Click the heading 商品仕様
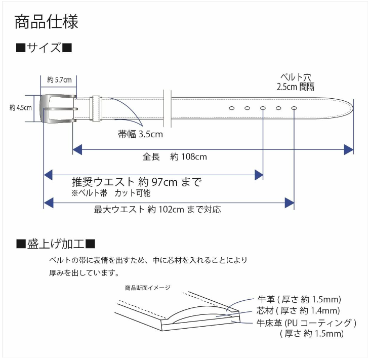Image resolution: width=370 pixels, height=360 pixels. click(46, 22)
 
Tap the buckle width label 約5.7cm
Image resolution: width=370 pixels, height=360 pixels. click(59, 80)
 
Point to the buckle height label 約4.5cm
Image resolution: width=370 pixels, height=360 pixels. click(21, 108)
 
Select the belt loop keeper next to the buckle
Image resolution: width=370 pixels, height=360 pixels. click(96, 108)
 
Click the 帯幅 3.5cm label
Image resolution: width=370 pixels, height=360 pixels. click(140, 134)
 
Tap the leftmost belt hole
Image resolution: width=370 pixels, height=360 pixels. click(232, 108)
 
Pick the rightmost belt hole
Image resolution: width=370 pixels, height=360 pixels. click(294, 108)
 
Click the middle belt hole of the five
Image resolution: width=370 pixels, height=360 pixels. click(263, 108)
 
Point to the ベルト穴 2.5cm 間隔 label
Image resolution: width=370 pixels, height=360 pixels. click(296, 82)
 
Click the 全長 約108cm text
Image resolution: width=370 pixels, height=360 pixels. click(175, 156)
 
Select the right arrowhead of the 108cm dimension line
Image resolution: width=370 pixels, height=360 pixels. click(349, 150)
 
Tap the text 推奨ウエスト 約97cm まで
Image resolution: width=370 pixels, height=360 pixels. click(137, 182)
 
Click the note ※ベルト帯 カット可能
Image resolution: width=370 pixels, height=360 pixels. click(111, 193)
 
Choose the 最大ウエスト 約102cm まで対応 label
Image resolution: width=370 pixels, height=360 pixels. click(157, 210)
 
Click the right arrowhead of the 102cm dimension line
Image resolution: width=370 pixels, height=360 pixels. click(290, 203)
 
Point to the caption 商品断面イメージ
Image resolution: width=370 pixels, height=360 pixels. click(148, 288)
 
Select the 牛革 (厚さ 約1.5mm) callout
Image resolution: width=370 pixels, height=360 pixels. click(299, 299)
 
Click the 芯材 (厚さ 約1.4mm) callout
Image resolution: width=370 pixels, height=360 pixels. click(298, 310)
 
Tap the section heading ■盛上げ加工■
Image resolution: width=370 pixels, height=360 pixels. click(56, 244)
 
